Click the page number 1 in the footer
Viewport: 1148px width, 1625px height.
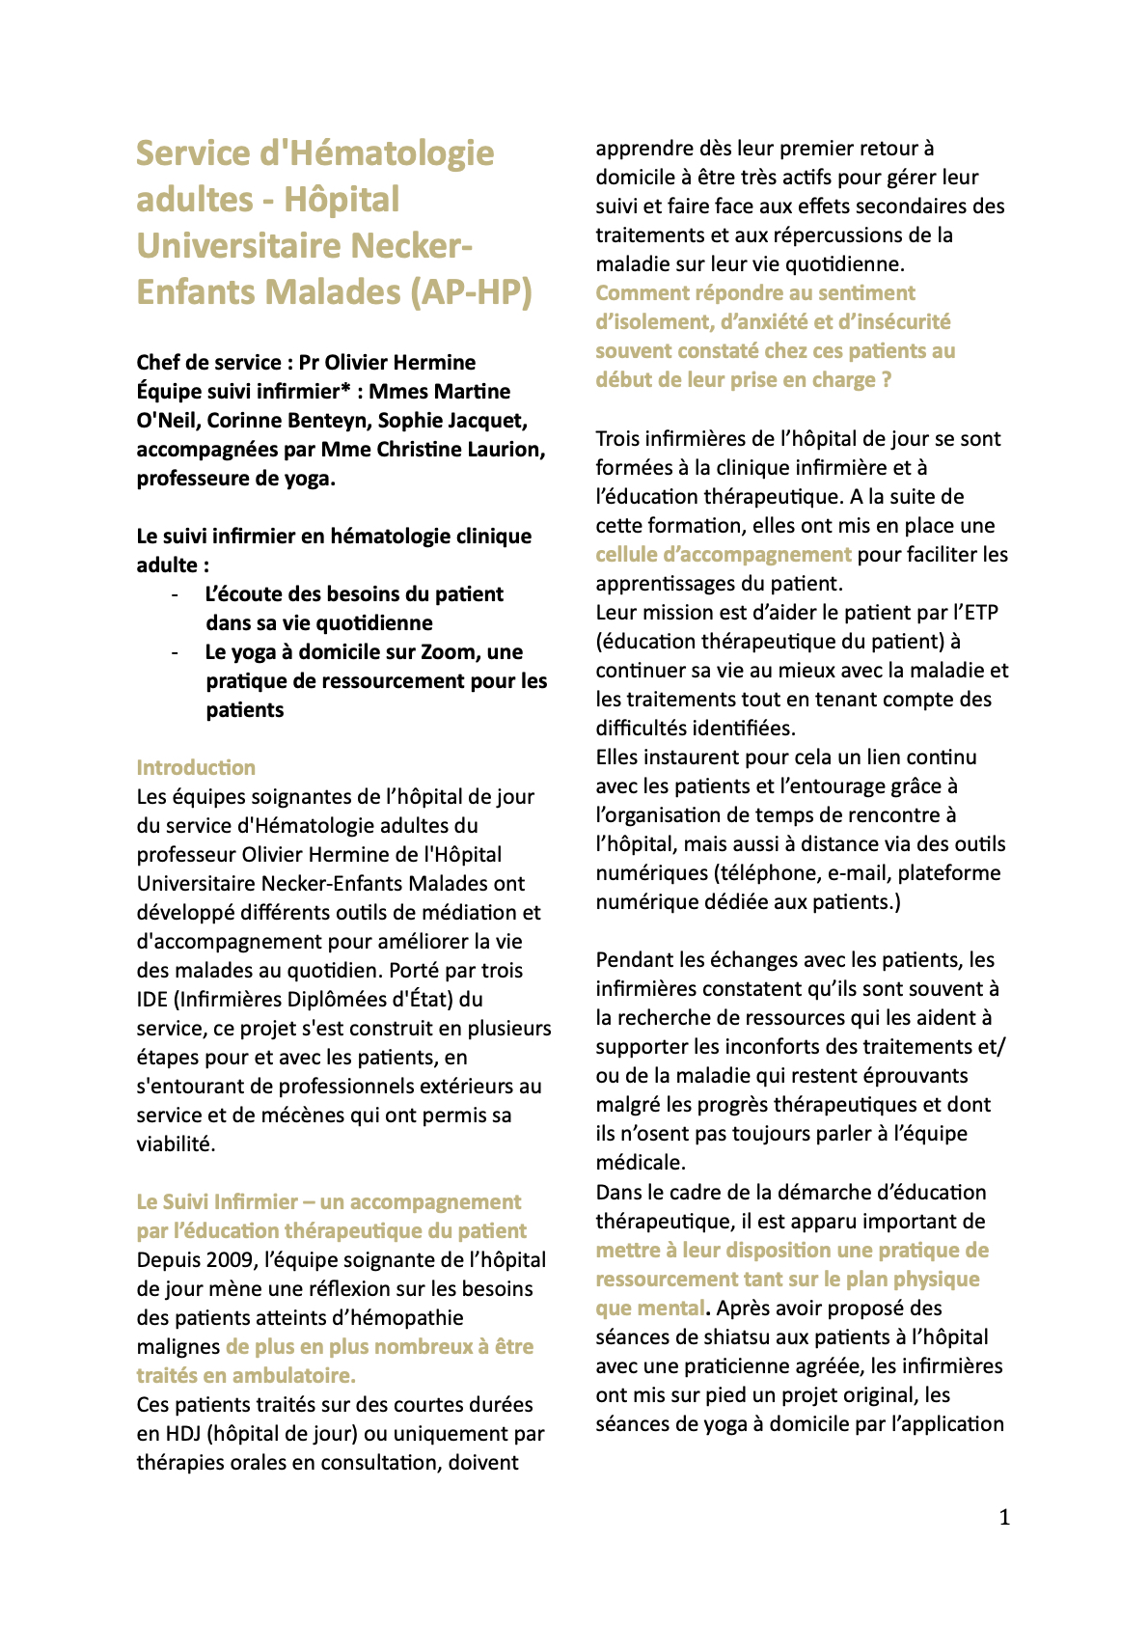click(x=1004, y=1518)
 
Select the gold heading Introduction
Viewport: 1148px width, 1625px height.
click(x=196, y=768)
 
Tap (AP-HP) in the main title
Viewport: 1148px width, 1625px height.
click(x=472, y=292)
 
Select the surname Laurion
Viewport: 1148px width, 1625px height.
click(x=505, y=450)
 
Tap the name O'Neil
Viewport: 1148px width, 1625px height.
click(x=168, y=421)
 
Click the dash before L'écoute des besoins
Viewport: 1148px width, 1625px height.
click(x=175, y=594)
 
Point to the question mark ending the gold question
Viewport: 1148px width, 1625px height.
click(x=886, y=380)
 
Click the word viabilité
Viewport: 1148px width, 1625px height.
click(x=175, y=1144)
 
